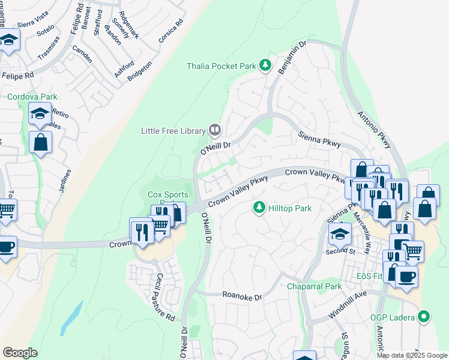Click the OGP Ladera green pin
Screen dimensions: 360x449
425,316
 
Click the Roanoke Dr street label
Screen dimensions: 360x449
243,296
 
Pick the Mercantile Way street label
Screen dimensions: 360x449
362,226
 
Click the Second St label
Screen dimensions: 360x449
337,251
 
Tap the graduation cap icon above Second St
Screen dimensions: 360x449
340,233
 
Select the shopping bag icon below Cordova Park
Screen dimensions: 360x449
40,142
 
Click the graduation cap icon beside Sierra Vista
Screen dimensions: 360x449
9,40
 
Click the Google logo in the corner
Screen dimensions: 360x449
20,353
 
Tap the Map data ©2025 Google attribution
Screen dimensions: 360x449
412,355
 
